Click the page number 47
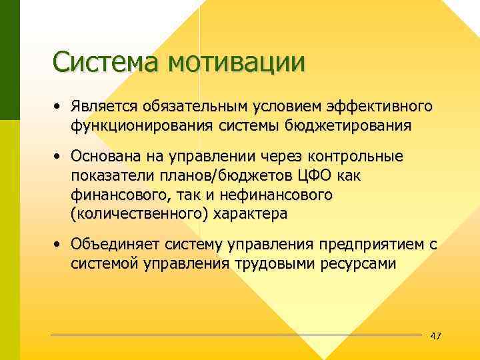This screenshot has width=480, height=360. [x=436, y=335]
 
